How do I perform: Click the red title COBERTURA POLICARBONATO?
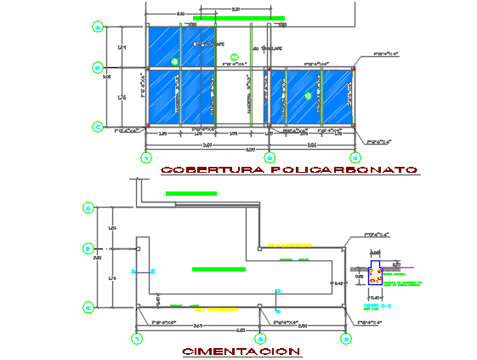[x=289, y=169]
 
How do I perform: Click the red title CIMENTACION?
[x=241, y=351]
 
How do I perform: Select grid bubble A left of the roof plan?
[x=98, y=27]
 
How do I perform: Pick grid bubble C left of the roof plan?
[x=98, y=127]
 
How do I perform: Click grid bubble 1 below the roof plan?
[x=146, y=157]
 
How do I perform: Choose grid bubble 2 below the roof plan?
[x=270, y=157]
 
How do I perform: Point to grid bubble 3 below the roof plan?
[x=355, y=157]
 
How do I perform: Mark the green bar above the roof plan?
[x=239, y=17]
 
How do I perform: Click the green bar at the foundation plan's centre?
[x=218, y=269]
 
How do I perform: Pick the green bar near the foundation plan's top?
[x=191, y=194]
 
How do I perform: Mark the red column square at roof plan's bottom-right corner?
[x=354, y=128]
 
